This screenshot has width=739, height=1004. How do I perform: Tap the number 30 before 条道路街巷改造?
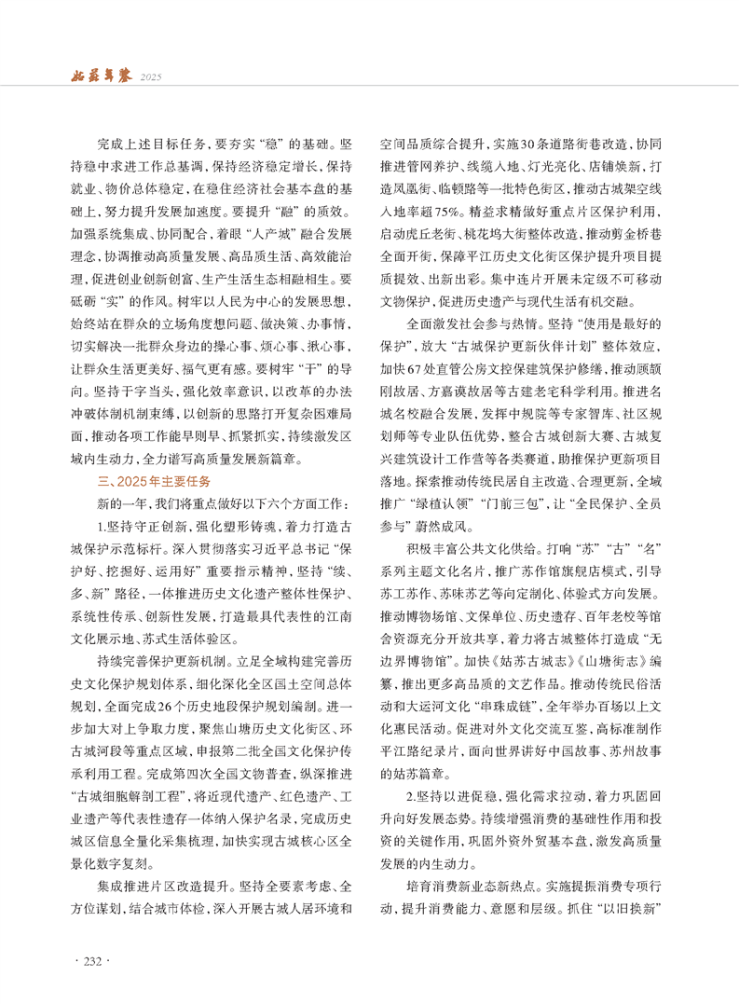tap(528, 145)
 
